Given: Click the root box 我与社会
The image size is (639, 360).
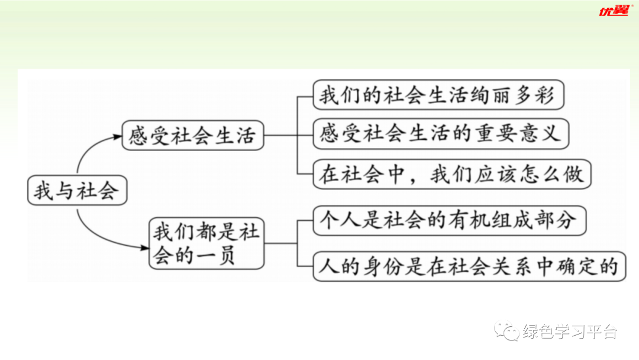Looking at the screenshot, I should (78, 191).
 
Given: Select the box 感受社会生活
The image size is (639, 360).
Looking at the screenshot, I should (192, 136).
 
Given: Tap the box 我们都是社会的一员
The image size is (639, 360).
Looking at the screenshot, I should (206, 243).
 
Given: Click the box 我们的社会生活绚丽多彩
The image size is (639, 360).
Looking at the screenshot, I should (438, 95).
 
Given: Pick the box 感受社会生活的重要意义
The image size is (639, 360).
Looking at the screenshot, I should (440, 134).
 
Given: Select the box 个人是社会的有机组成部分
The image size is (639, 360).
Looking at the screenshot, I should (448, 220).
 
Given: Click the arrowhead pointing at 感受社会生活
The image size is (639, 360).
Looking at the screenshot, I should (117, 137).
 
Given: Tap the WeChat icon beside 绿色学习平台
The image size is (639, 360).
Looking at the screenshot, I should (508, 331).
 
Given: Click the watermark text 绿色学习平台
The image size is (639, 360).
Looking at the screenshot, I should (570, 332).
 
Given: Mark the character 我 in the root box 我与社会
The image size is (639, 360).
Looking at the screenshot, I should (44, 191).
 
